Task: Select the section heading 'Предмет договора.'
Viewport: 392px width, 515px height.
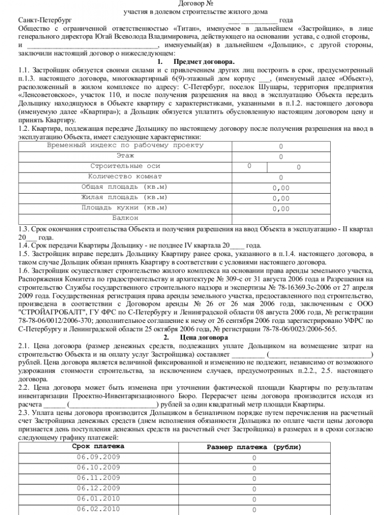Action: tap(203, 61)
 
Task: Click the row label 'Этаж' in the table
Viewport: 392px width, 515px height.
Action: tap(125, 156)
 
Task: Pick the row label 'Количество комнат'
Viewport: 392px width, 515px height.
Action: tap(125, 177)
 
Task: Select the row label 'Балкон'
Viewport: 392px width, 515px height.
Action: tap(125, 218)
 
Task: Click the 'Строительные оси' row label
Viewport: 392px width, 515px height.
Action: tap(125, 166)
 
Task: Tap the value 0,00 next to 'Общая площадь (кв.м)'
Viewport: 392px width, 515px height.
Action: tap(281, 188)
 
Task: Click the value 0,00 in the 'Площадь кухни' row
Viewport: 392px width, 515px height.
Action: tap(281, 209)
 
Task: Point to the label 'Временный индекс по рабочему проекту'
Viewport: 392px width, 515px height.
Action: tap(125, 145)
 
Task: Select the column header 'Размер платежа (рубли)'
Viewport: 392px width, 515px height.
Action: tap(254, 447)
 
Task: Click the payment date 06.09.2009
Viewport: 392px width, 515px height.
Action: tap(99, 457)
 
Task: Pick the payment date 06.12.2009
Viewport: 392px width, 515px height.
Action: tap(99, 488)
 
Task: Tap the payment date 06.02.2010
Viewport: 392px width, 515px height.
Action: tap(99, 509)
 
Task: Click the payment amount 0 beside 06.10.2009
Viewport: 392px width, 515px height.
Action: tap(254, 468)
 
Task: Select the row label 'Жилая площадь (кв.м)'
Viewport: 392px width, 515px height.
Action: tap(125, 198)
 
